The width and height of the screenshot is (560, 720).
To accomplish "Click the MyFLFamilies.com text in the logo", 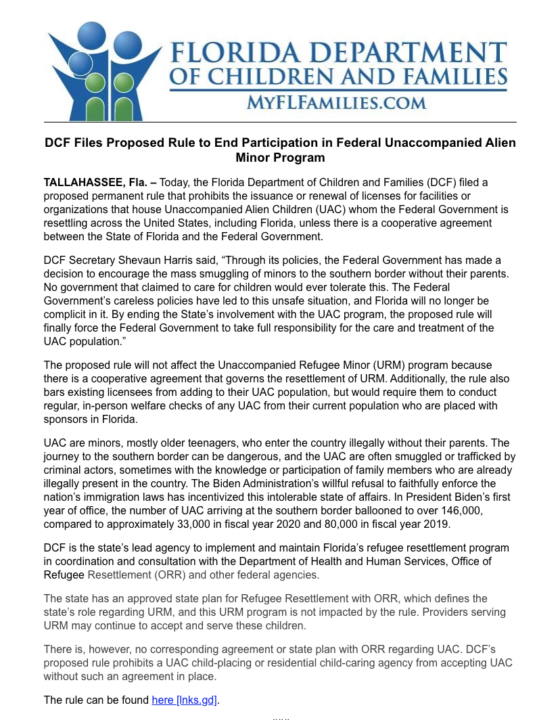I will pos(336,103).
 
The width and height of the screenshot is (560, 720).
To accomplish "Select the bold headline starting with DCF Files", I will pos(280,150).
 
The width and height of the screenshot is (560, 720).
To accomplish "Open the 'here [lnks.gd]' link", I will pos(185,700).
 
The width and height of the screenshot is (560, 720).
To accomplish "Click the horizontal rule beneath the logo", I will pos(280,122).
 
